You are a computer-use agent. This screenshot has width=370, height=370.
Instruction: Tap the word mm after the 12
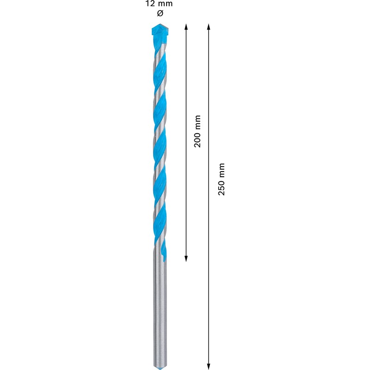(x=165, y=4)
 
